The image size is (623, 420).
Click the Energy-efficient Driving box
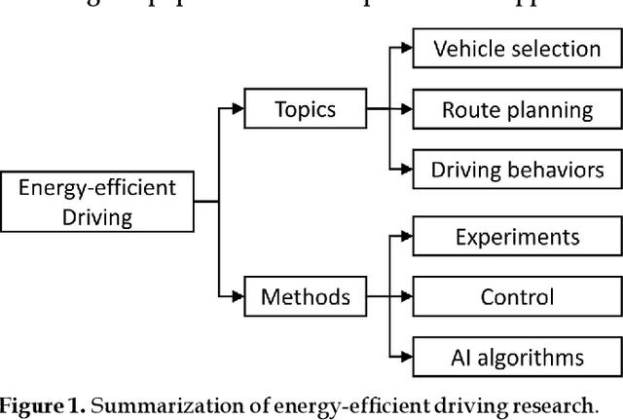[96, 202]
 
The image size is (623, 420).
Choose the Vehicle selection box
[516, 48]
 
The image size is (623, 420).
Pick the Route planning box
[516, 108]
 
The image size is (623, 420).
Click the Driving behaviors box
[516, 169]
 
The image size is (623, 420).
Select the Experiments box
[516, 236]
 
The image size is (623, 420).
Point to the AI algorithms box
[516, 356]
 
